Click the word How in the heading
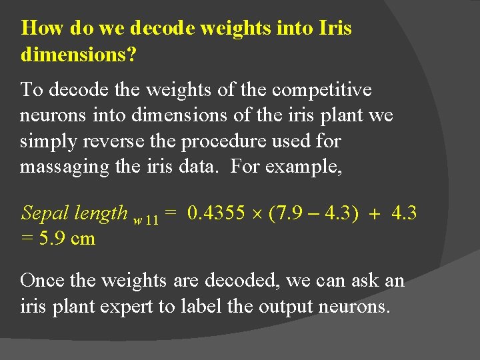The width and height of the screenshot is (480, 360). [x=41, y=29]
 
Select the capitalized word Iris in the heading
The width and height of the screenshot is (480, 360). [x=335, y=29]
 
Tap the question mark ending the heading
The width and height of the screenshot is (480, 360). [x=132, y=55]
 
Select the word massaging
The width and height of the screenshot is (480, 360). [x=65, y=167]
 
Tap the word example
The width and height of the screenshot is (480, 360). [x=304, y=167]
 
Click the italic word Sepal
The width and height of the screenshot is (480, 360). [x=45, y=213]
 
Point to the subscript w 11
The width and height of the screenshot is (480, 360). [x=146, y=219]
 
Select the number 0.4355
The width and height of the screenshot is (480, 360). [x=216, y=213]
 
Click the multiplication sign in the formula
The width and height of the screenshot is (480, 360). [x=256, y=214]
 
